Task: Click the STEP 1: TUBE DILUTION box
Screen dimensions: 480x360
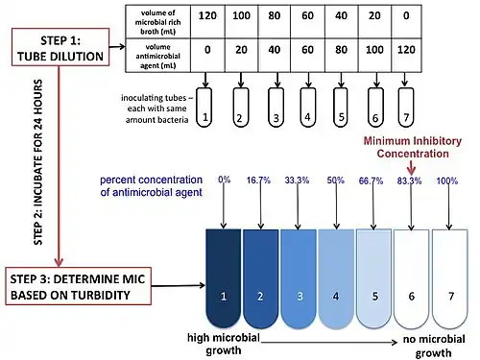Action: pyautogui.click(x=60, y=47)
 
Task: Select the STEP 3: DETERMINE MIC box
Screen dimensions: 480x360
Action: pyautogui.click(x=78, y=286)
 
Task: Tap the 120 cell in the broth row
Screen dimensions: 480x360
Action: pyautogui.click(x=207, y=22)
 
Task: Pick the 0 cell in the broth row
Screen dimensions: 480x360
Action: pyautogui.click(x=406, y=22)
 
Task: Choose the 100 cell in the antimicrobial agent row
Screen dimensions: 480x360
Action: pyautogui.click(x=374, y=56)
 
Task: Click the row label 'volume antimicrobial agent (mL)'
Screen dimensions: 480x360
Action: pyautogui.click(x=158, y=56)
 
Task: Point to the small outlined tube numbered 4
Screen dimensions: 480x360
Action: pyautogui.click(x=308, y=108)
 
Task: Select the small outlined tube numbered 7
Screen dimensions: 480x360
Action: pyautogui.click(x=406, y=108)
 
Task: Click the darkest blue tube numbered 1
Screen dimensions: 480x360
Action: pyautogui.click(x=224, y=278)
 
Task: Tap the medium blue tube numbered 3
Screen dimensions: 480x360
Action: pyautogui.click(x=299, y=278)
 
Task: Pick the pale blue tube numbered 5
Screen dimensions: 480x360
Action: pyautogui.click(x=373, y=278)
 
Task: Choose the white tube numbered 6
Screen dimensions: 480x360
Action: pyautogui.click(x=411, y=278)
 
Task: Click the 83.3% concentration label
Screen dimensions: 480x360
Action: pyautogui.click(x=409, y=180)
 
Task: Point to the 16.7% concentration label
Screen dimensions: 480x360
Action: pyautogui.click(x=258, y=180)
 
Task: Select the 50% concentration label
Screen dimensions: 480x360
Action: pyautogui.click(x=335, y=180)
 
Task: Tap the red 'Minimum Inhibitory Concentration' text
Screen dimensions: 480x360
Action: pyautogui.click(x=413, y=147)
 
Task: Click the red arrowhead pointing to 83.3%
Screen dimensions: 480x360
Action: pyautogui.click(x=412, y=170)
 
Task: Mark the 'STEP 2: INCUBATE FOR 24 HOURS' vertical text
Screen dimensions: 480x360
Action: pyautogui.click(x=38, y=162)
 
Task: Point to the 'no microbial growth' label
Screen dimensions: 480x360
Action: pyautogui.click(x=434, y=346)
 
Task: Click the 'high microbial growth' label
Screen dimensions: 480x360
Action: pyautogui.click(x=224, y=344)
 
